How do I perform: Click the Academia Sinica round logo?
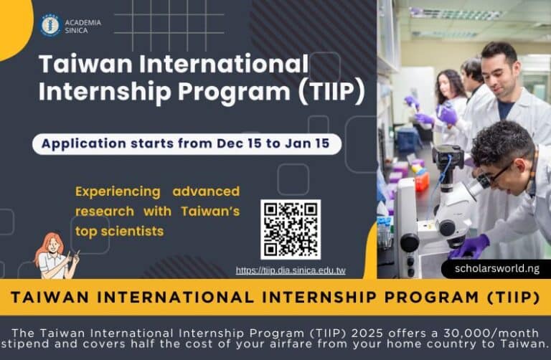50,26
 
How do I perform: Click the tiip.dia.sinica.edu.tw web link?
291,271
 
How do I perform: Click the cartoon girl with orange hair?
56,255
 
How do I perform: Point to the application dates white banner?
186,143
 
